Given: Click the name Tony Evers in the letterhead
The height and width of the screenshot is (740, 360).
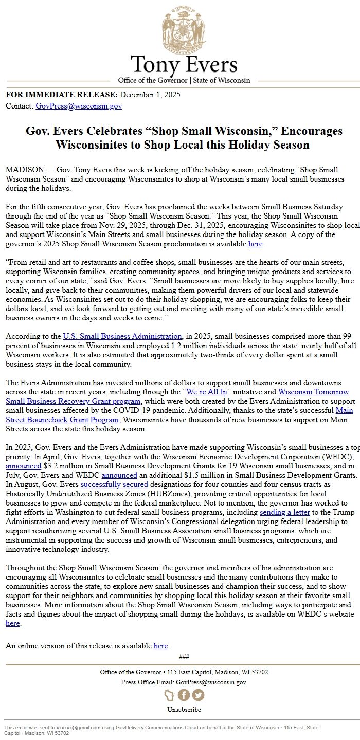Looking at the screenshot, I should click(x=184, y=65).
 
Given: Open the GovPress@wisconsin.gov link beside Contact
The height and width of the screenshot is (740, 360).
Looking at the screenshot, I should click(x=79, y=106).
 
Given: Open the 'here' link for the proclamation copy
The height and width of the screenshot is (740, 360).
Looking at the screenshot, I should click(x=256, y=244).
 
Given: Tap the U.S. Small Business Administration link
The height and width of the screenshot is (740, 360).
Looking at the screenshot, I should click(x=122, y=336).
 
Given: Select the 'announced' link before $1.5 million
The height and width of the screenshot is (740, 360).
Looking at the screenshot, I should click(x=119, y=475).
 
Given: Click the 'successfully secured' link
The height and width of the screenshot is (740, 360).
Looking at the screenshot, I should click(x=114, y=484).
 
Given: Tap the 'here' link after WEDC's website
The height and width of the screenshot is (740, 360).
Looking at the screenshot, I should click(x=13, y=623).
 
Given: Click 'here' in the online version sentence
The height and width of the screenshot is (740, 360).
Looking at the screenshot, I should click(x=161, y=646).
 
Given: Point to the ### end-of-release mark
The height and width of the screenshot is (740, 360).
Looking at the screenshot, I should click(x=184, y=656).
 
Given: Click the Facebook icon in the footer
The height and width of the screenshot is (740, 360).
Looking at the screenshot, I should click(x=184, y=695).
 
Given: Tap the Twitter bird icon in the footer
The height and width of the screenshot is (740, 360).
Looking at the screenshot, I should click(x=198, y=695).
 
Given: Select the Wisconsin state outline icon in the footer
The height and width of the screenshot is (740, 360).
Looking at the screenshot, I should click(x=170, y=695).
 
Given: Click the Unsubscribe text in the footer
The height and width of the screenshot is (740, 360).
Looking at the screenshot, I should click(x=184, y=710).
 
